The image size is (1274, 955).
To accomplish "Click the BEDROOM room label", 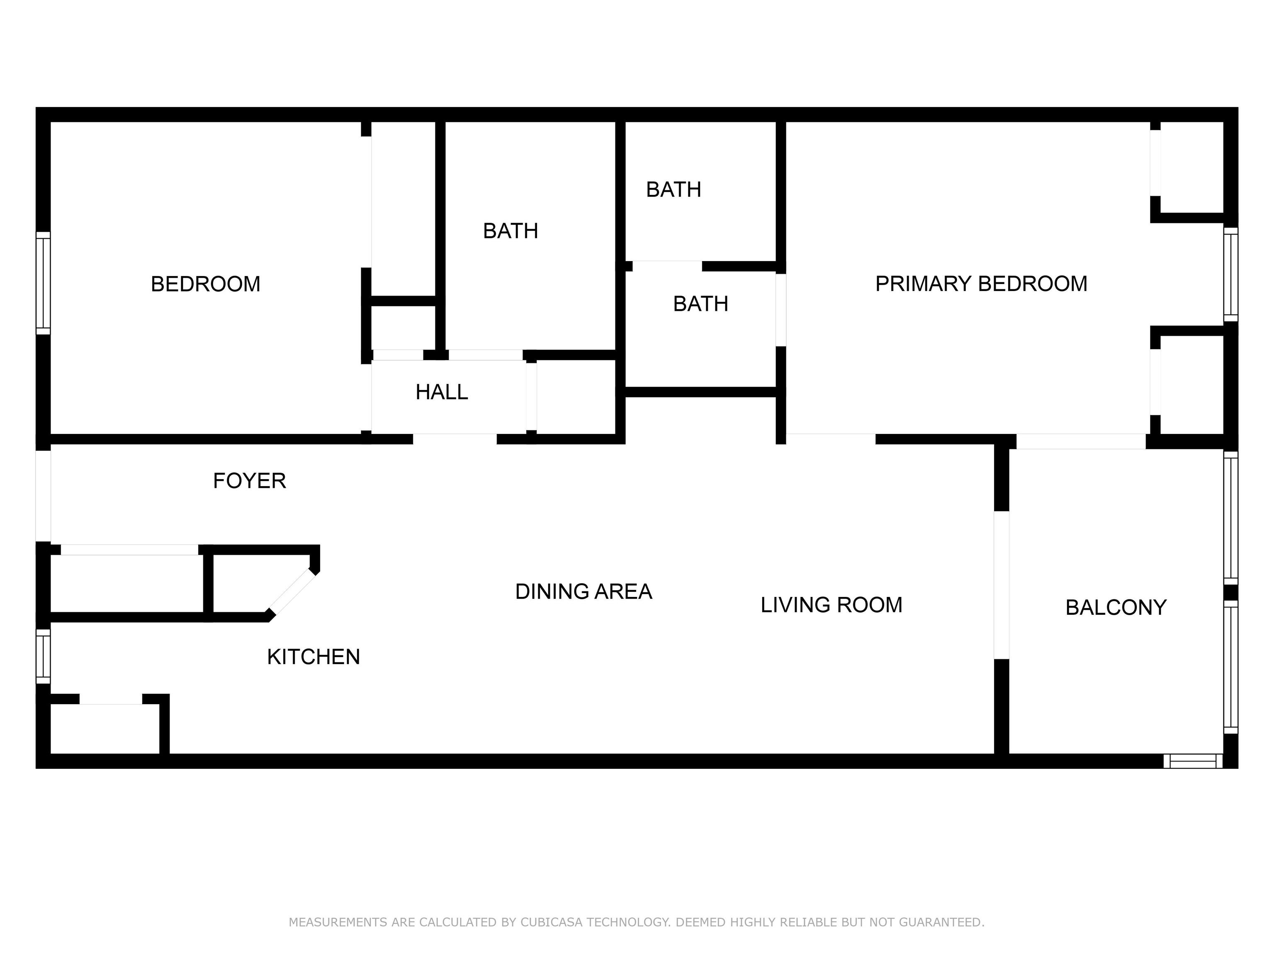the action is coord(206,284).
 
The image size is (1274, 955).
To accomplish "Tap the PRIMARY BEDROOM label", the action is coord(981,284).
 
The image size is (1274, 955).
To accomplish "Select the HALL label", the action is coord(442,392).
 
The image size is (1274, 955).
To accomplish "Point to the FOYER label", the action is coord(249,481).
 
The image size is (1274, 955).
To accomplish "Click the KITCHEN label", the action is coord(314,657).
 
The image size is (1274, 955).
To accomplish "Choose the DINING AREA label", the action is coord(584,592).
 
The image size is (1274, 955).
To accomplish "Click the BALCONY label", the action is coord(1116,607).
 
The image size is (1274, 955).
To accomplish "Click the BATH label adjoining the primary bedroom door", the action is coord(701,303).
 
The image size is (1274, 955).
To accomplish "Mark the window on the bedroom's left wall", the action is coord(43,283).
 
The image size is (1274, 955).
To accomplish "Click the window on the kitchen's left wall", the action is coord(43,656).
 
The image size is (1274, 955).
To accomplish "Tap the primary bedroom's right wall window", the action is coord(1231,274).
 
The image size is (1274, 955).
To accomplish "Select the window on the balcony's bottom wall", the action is coord(1193,761).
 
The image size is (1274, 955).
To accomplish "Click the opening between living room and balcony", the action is coord(1002,585).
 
